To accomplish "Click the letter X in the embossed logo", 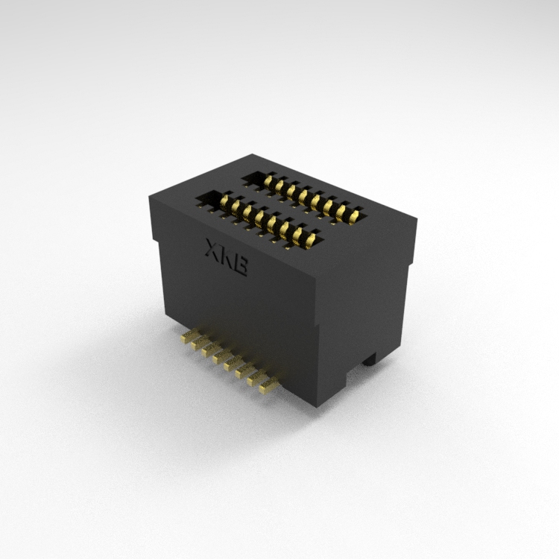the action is [x=212, y=248].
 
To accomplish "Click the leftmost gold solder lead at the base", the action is [x=189, y=336].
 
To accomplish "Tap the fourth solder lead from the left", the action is [x=222, y=357].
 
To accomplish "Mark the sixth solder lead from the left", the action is [x=244, y=372].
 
